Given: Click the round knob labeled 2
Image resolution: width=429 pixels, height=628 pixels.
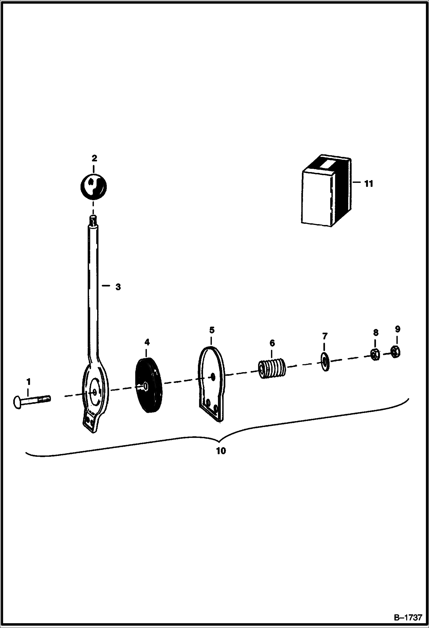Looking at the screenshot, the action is tap(93, 186).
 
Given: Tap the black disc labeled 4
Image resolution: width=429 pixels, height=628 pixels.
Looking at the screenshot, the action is tap(149, 385).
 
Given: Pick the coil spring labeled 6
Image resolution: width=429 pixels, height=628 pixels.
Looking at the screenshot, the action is tap(272, 369).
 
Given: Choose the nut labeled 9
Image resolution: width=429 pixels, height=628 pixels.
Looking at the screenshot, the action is tap(395, 351).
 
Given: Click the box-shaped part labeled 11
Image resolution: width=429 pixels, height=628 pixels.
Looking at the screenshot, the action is tap(326, 191).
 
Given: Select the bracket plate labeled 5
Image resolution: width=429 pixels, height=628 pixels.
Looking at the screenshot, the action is tap(212, 383).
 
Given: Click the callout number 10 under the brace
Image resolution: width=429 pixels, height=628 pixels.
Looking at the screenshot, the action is tap(221, 451).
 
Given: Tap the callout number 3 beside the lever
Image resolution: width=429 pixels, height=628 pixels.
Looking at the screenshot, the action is tap(118, 287).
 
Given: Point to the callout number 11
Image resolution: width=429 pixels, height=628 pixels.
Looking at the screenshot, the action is tap(369, 183).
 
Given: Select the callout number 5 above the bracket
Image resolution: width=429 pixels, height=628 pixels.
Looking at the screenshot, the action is tap(212, 330).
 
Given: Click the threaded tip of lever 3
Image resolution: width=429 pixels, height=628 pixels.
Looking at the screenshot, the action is tap(93, 221).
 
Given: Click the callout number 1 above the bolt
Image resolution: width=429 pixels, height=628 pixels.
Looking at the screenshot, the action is tap(28, 381).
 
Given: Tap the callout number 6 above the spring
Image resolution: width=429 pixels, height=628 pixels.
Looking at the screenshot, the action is tap(272, 343).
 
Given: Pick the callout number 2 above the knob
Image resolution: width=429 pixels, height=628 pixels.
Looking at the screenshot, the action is tap(94, 158).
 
